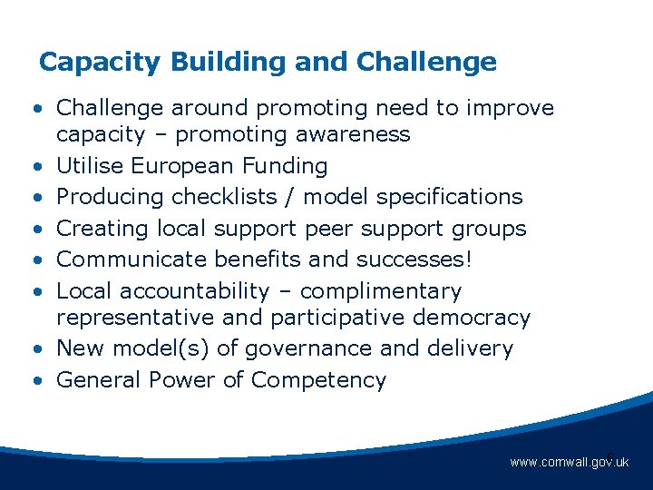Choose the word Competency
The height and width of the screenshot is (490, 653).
pos(318,380)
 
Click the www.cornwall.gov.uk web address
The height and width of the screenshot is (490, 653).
pos(569,463)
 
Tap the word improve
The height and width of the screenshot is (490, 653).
pos(509,108)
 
